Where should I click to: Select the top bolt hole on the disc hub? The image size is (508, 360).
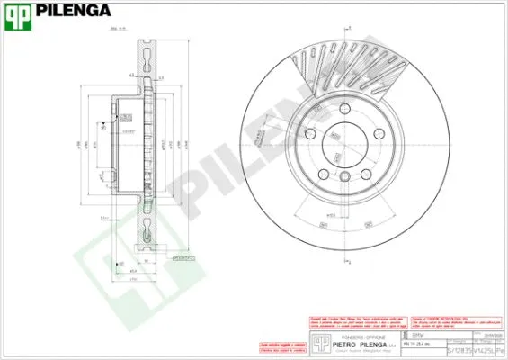pyautogui.click(x=340, y=112)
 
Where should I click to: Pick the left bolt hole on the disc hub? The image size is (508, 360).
pyautogui.click(x=308, y=135)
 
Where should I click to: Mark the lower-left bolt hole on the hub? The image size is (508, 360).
pyautogui.click(x=321, y=172)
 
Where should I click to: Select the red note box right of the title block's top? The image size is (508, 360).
pyautogui.click(x=455, y=319)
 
